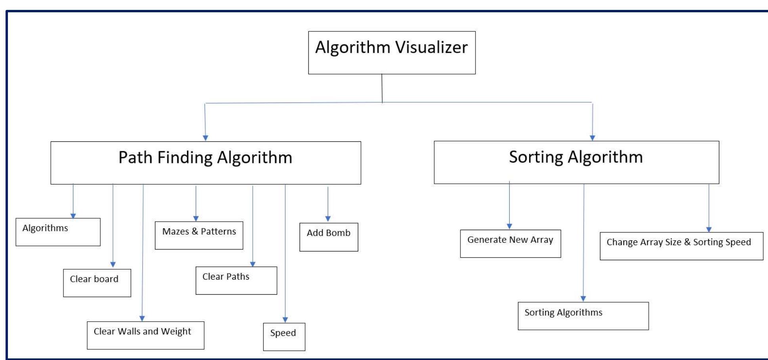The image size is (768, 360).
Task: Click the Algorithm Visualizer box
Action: [x=392, y=53]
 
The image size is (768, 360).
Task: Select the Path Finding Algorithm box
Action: [x=206, y=163]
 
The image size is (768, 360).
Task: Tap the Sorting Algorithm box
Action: [x=576, y=162]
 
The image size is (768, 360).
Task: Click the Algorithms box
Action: [x=58, y=232]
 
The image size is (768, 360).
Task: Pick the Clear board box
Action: [x=97, y=283]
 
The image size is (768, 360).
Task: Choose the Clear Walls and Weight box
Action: [x=145, y=335]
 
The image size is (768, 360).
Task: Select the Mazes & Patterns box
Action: [x=199, y=235]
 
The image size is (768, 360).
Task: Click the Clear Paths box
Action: [x=236, y=280]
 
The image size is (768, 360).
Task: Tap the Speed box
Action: [x=284, y=337]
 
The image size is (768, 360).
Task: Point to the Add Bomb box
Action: [x=329, y=237]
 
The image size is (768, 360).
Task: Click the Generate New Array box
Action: [x=510, y=244]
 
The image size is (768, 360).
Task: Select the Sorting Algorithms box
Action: [x=583, y=316]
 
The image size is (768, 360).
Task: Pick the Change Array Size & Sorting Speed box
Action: [x=681, y=246]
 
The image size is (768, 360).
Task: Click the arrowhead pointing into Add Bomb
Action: [x=328, y=219]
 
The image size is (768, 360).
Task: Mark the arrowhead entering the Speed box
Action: [x=285, y=320]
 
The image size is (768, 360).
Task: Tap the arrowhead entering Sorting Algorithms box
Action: [x=583, y=299]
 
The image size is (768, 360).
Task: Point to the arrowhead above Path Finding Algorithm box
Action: [x=205, y=138]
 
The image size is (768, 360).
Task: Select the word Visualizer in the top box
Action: [x=432, y=47]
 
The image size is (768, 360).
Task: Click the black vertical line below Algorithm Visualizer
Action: [x=382, y=88]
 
